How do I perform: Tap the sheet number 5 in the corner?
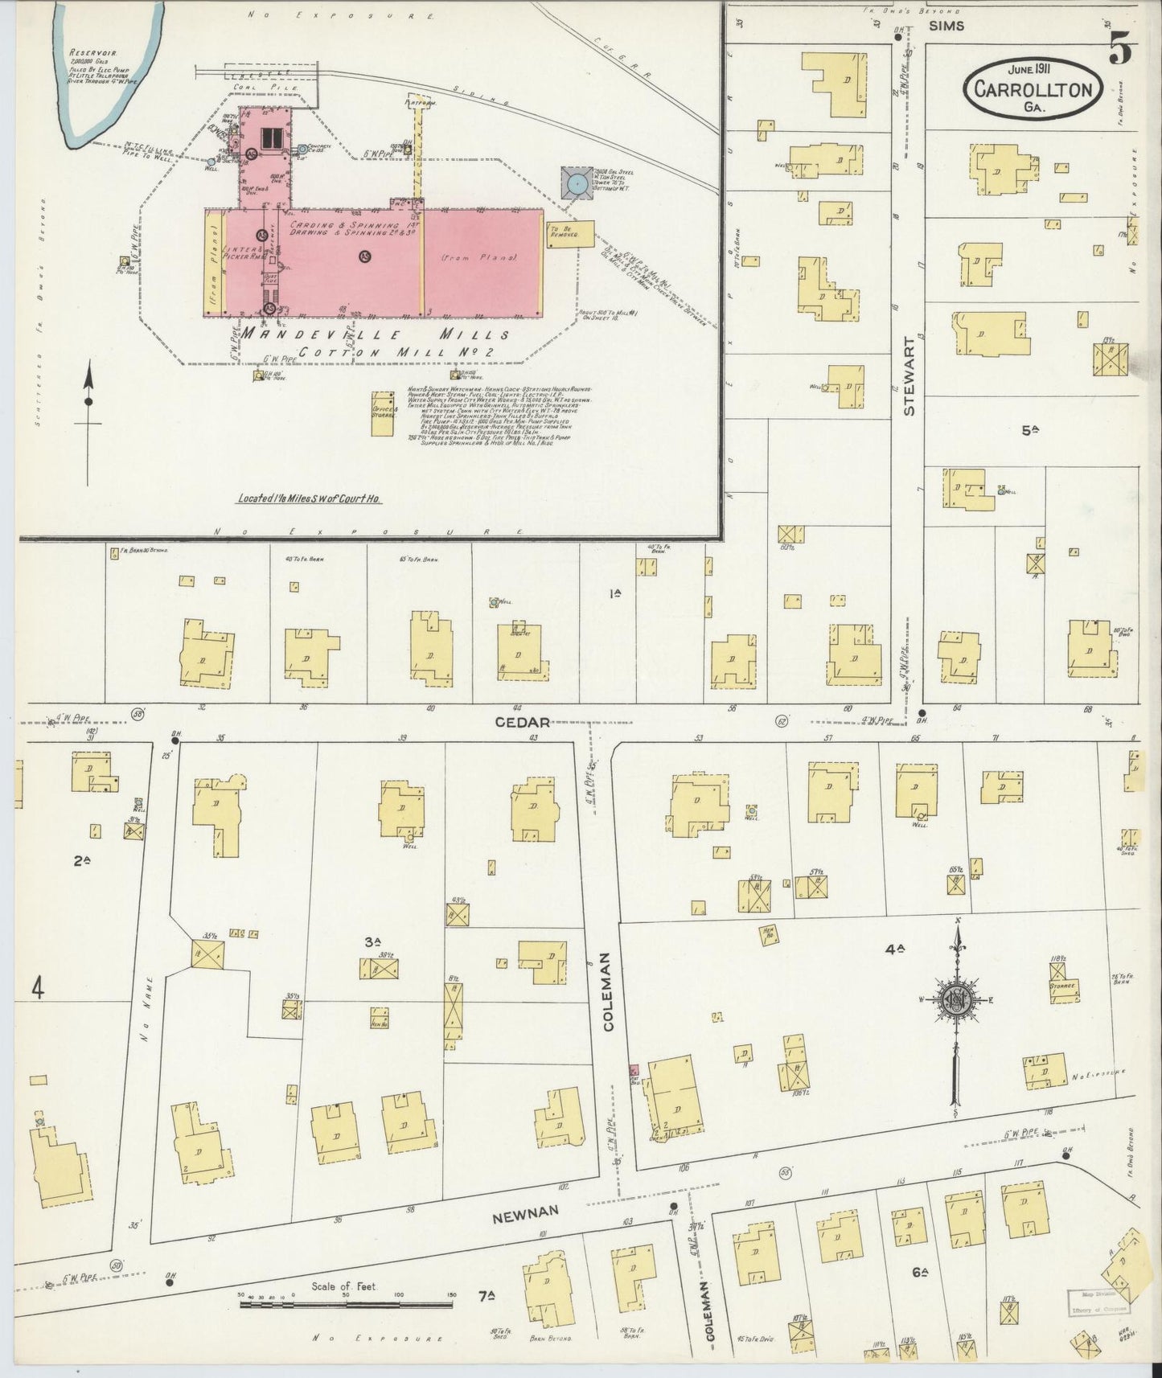click(x=1119, y=50)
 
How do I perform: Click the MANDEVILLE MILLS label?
click(x=376, y=334)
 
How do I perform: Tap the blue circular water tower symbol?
click(x=576, y=185)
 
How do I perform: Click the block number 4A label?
click(x=895, y=949)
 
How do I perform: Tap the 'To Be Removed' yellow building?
click(x=570, y=234)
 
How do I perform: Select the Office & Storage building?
click(x=383, y=413)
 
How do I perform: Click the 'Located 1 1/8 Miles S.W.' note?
click(x=310, y=498)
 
